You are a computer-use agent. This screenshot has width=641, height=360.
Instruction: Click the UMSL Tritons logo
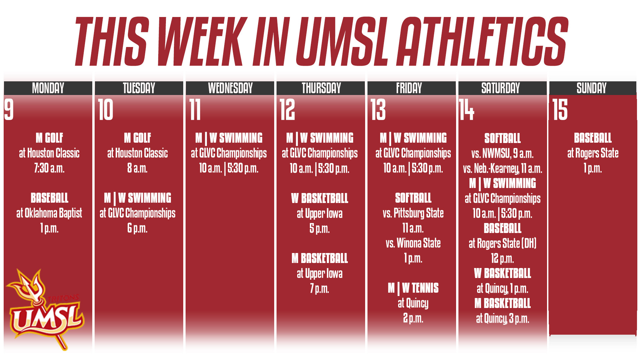point(45,310)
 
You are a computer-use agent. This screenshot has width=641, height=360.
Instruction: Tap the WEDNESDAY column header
point(230,88)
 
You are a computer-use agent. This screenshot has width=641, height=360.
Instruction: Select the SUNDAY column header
point(592,88)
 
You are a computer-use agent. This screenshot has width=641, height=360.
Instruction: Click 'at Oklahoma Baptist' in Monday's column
point(49,213)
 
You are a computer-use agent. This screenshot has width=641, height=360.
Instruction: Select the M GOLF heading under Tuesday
point(137,138)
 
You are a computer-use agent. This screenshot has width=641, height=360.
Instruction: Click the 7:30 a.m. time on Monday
point(49,168)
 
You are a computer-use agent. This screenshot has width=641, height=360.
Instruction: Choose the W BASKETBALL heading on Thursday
point(320,198)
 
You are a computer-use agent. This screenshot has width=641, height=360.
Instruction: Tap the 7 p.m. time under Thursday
point(320,288)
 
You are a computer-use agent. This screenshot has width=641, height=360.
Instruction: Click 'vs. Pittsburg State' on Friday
point(413,213)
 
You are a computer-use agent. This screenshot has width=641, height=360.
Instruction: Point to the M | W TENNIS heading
point(413,288)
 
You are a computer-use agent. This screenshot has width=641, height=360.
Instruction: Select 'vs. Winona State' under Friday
point(413,243)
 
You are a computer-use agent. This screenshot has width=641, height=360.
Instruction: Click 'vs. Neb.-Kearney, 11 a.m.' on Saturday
point(502,169)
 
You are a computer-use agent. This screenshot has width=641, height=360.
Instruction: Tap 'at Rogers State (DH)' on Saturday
point(502,243)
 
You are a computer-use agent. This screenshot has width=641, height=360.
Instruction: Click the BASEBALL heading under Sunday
point(593,138)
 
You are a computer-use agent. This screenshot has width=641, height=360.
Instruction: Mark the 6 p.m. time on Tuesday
point(137,228)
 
